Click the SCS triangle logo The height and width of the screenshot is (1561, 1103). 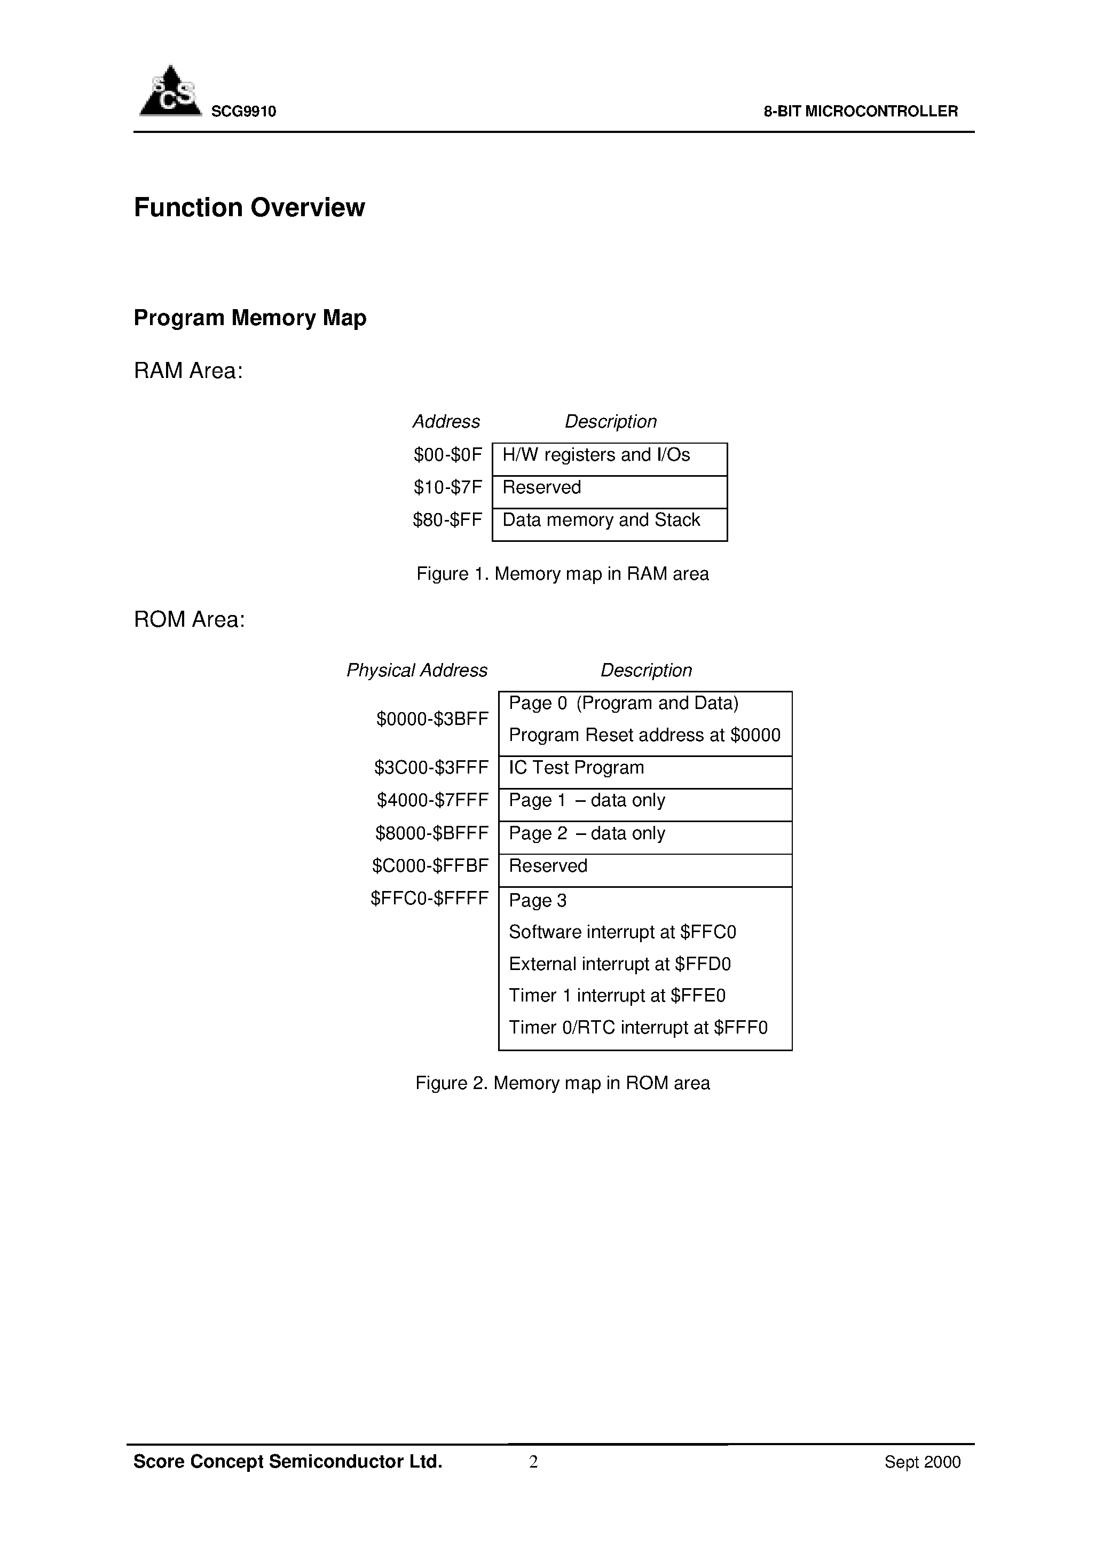coord(170,92)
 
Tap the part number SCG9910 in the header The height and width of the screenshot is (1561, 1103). coord(243,112)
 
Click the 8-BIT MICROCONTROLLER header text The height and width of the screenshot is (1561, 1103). coord(860,112)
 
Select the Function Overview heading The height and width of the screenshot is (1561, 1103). coord(249,207)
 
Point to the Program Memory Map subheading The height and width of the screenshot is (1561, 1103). coord(249,318)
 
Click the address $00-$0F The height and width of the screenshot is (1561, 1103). coord(447,455)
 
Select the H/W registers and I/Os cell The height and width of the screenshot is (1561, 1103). coord(596,455)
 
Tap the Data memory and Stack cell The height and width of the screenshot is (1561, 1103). coord(601,520)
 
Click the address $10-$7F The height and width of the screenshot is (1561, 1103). coord(447,487)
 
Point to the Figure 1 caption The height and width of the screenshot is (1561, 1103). coord(562,574)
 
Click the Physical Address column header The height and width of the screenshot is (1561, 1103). coord(417,671)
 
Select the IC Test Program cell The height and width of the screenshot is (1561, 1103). coord(576,768)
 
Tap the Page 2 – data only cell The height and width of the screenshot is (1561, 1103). coord(587,833)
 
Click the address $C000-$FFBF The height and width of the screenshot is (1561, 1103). coord(430,866)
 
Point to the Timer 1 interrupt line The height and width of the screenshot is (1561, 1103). coord(617,996)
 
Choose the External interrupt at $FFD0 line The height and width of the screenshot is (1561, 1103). coord(619,964)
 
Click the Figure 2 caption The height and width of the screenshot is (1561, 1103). coord(562,1083)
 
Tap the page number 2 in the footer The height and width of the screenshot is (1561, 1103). coord(533,1462)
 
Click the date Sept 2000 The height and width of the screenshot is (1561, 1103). coord(922,1462)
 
